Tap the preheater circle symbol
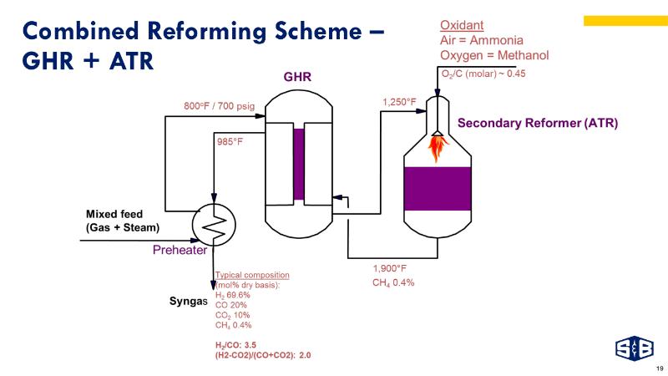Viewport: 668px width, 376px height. [215, 222]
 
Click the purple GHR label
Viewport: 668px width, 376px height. [297, 77]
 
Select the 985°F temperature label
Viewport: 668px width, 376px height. [230, 141]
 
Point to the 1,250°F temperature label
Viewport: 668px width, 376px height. [399, 102]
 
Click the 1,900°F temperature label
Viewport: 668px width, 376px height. [389, 268]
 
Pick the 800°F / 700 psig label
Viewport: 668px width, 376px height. [219, 106]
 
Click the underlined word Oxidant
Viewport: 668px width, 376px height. [462, 25]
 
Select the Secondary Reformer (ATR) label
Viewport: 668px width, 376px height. [537, 123]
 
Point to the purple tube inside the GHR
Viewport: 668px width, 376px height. [299, 163]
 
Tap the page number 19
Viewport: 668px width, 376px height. [660, 368]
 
